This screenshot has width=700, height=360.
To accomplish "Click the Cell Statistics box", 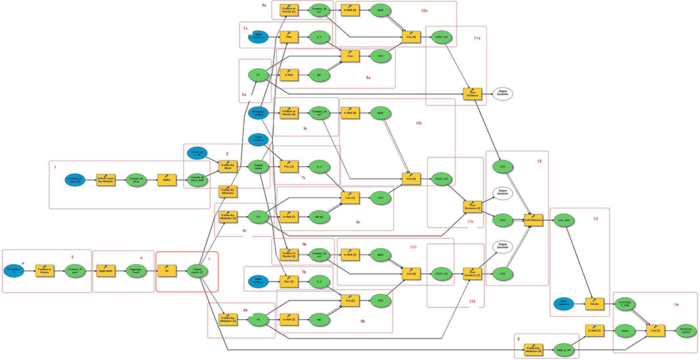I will (x=534, y=220).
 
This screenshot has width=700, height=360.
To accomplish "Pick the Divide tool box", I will (x=595, y=303).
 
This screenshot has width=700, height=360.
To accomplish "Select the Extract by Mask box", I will (x=227, y=166).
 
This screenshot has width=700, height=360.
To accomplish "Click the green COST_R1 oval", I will (x=442, y=37).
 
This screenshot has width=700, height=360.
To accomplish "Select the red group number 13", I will (x=595, y=219).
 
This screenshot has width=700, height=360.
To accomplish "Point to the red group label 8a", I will (x=368, y=77).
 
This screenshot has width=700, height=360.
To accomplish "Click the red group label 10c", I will (x=418, y=124).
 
